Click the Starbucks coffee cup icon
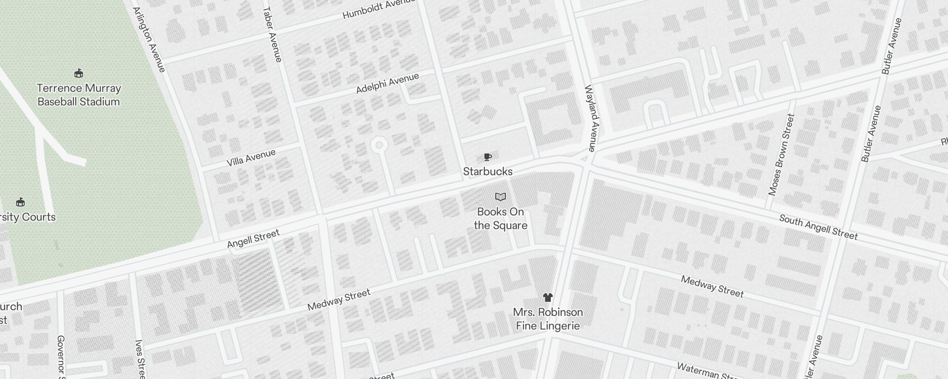pos(487,157)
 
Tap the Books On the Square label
pos(501,218)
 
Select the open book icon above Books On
pos(501,197)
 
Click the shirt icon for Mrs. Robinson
pos(547,298)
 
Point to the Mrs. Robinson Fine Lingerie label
pos(547,319)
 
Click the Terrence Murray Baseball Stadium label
pos(79,95)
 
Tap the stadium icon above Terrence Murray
pos(79,73)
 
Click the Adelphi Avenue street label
pos(387,83)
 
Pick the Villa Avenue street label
pos(251,158)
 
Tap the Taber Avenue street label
pos(272,34)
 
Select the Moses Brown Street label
pos(781,154)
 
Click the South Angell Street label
pos(819,227)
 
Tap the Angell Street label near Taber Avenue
pos(253,239)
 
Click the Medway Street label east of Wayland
pos(712,286)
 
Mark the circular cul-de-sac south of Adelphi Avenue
pos(379,145)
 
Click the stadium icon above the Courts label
pos(20,203)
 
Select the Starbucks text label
pos(487,171)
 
